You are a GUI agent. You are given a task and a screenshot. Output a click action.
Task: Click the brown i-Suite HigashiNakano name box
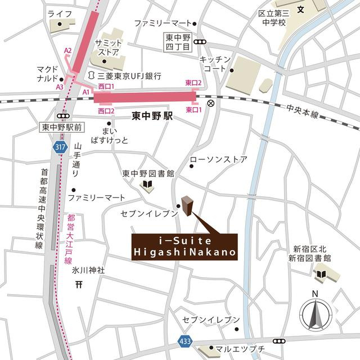(x=184, y=247)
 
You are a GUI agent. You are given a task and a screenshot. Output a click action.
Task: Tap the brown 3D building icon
(x=187, y=206)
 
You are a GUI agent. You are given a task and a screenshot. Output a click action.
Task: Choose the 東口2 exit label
(x=193, y=83)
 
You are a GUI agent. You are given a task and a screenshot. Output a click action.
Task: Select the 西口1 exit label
(x=106, y=86)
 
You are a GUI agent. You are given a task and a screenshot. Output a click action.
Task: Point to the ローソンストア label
(x=218, y=160)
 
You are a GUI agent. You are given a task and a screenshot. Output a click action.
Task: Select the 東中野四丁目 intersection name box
(x=176, y=41)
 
